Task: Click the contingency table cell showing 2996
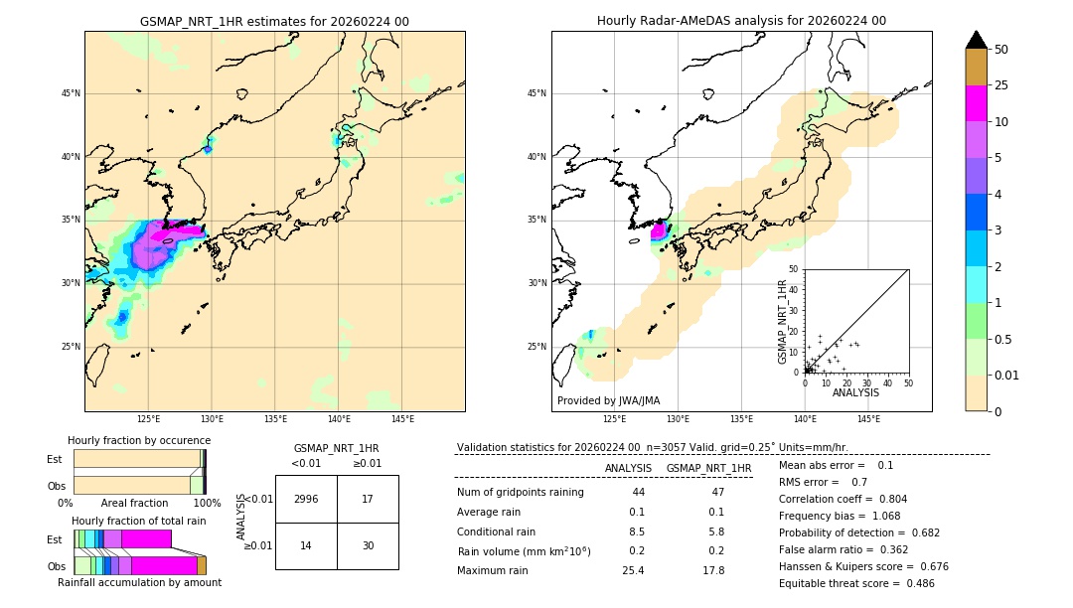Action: point(306,499)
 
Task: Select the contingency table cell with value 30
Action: point(368,545)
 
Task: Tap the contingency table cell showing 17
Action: point(368,499)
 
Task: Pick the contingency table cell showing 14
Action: point(306,545)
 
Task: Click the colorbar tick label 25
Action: point(1001,85)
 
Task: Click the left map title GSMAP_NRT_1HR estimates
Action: point(274,21)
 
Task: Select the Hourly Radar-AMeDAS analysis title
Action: point(741,21)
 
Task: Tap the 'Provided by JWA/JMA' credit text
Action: point(608,400)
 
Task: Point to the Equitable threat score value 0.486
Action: point(911,583)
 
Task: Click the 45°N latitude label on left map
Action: point(70,93)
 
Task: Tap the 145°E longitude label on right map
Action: point(868,419)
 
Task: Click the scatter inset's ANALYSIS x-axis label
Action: point(855,392)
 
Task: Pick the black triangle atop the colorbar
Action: point(977,40)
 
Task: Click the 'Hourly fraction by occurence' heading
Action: point(139,440)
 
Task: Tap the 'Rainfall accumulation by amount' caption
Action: point(139,583)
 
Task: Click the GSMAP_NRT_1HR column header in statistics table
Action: point(708,468)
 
